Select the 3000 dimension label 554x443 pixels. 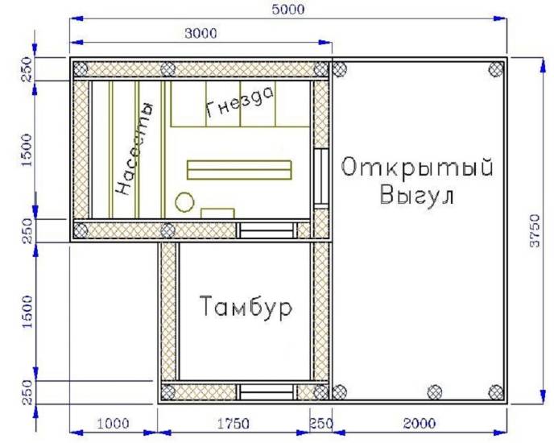pos(201,32)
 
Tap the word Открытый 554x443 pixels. pos(416,168)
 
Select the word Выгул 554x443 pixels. pos(417,196)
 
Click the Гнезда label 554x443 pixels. pos(240,103)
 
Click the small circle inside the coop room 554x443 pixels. pos(184,201)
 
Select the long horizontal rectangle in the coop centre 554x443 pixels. pos(239,169)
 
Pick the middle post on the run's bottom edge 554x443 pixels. pos(434,392)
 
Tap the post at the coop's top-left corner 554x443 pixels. pos(81,69)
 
